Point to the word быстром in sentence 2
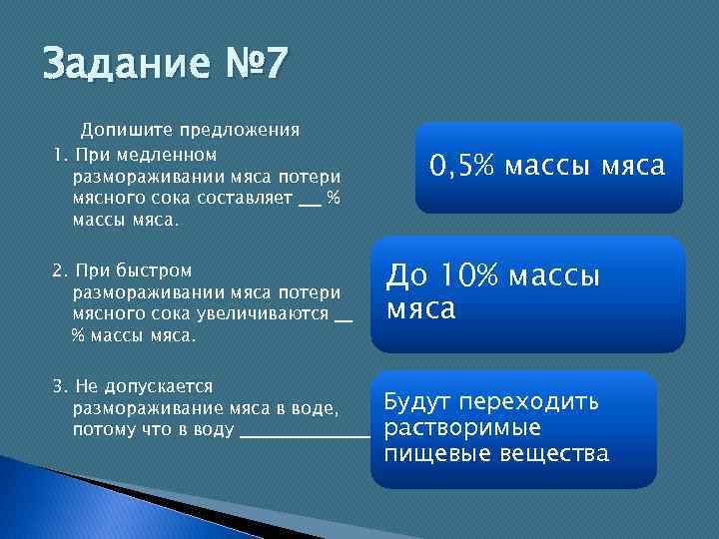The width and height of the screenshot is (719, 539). (155, 270)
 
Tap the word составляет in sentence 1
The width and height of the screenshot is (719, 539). (244, 198)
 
